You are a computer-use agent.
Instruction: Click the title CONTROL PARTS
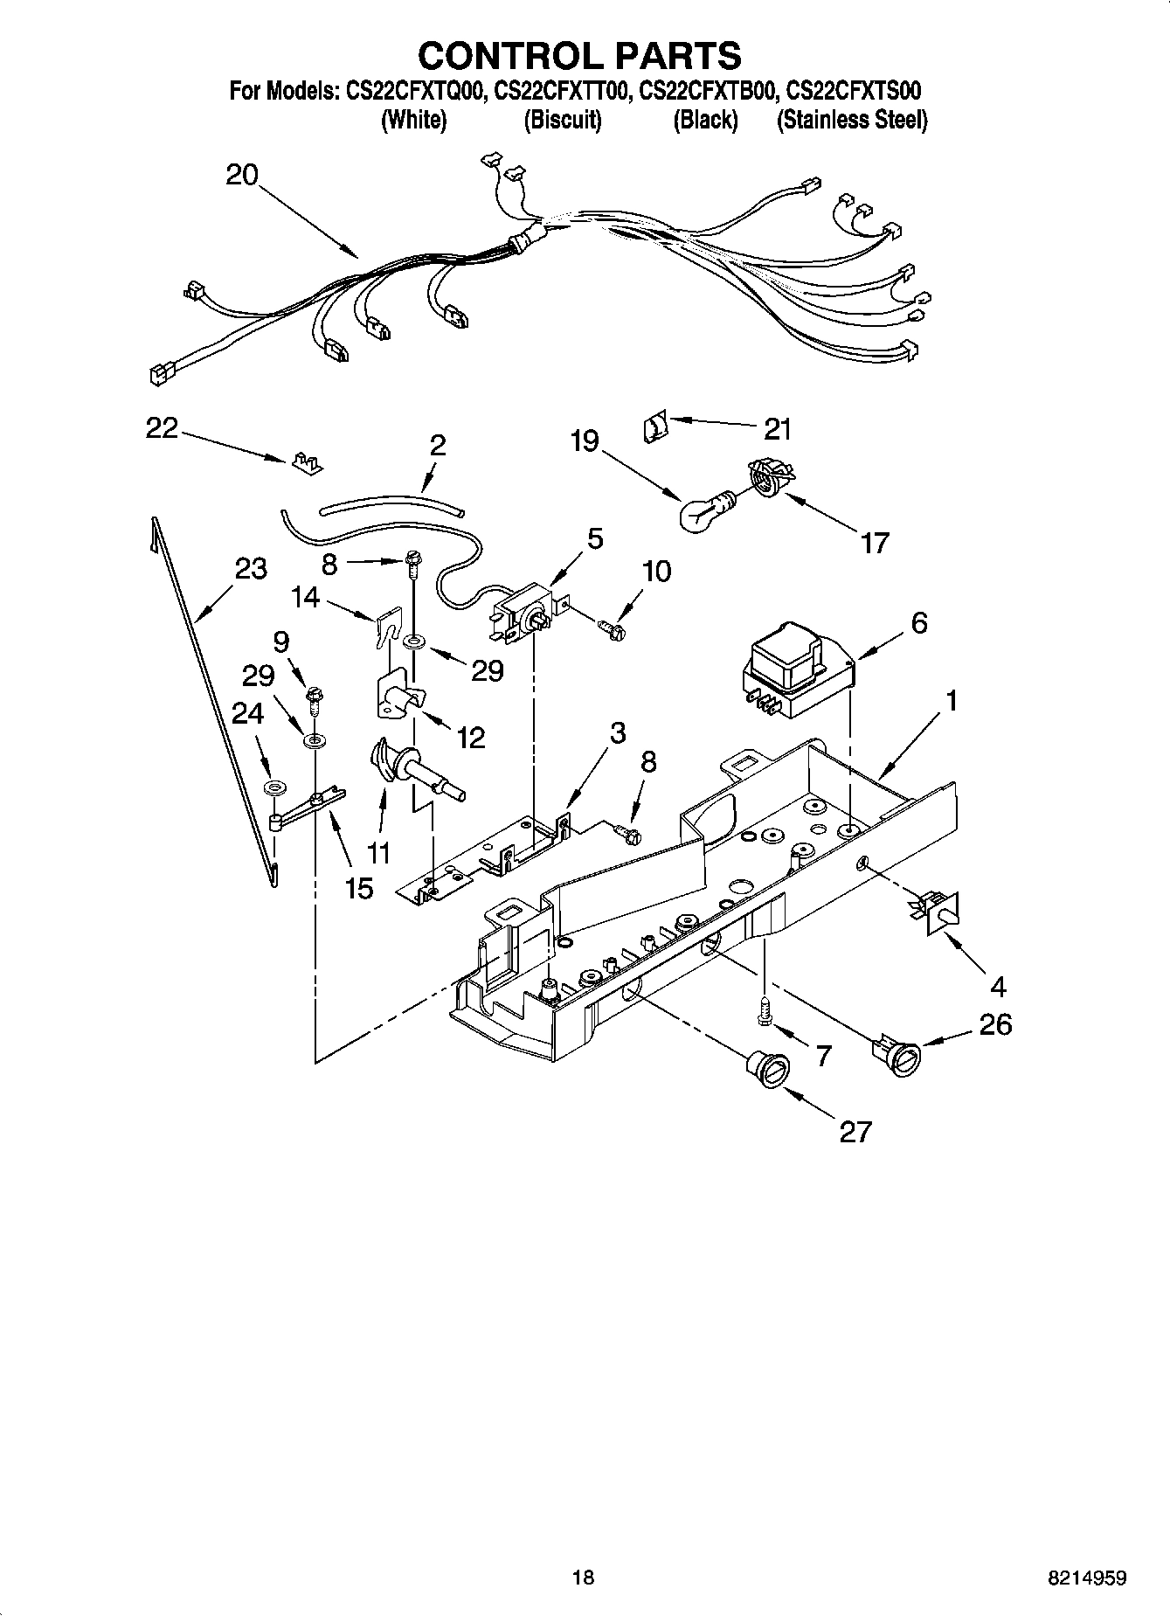pyautogui.click(x=579, y=56)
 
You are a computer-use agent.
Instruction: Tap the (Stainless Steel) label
pyautogui.click(x=852, y=121)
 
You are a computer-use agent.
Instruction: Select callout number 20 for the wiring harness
pyautogui.click(x=242, y=175)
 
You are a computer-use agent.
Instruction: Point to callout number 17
pyautogui.click(x=874, y=543)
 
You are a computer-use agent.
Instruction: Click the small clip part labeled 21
pyautogui.click(x=654, y=427)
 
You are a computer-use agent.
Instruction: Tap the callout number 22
pyautogui.click(x=162, y=428)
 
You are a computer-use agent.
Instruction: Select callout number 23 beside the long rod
pyautogui.click(x=251, y=569)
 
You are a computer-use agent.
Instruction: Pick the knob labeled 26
pyautogui.click(x=895, y=1054)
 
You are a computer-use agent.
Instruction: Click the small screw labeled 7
pyautogui.click(x=765, y=1013)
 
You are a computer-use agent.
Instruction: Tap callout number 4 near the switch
pyautogui.click(x=997, y=987)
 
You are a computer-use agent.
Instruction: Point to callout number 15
pyautogui.click(x=359, y=888)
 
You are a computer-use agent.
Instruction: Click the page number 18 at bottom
pyautogui.click(x=583, y=1577)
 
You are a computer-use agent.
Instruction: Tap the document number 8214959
pyautogui.click(x=1087, y=1578)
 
